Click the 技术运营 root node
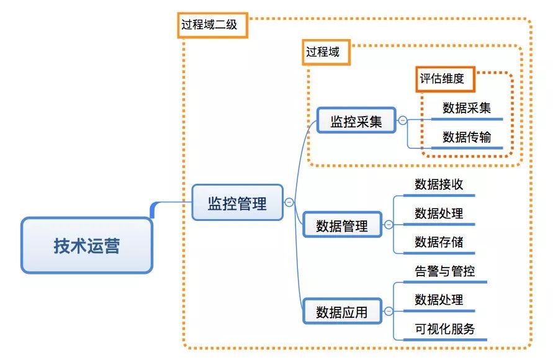86,245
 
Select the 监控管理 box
237,202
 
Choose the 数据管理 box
342,225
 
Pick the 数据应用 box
342,312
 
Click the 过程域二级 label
213,26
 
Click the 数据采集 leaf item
467,107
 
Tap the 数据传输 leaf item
467,137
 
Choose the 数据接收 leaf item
439,184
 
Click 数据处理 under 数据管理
439,213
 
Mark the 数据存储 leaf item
439,241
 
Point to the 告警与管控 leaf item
444,271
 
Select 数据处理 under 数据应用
439,299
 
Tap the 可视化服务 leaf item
444,328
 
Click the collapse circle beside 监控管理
289,202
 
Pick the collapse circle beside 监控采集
403,121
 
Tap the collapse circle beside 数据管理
389,225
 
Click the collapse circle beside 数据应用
389,311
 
